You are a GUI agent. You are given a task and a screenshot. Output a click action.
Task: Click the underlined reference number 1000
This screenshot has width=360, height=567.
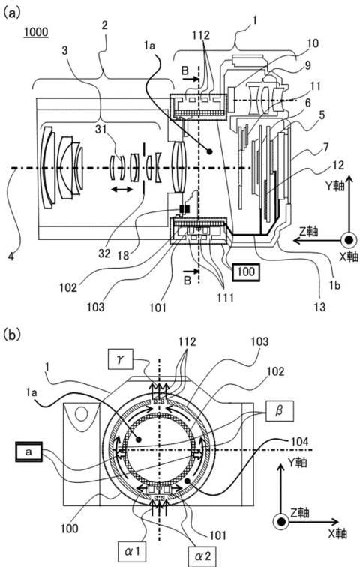point(36,32)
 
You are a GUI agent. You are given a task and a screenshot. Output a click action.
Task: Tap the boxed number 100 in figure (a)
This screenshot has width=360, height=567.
point(247,271)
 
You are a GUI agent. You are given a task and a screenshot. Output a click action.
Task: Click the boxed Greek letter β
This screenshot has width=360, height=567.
point(279,410)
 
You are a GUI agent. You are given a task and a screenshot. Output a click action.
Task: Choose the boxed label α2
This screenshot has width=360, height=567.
point(202,556)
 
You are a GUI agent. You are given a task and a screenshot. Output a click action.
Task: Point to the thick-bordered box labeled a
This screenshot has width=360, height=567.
point(28,451)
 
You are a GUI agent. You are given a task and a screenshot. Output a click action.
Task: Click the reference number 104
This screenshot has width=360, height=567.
point(299,442)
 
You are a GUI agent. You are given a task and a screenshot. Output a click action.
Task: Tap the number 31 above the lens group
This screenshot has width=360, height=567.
point(101,129)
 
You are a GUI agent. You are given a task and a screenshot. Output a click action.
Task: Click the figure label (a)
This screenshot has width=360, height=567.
point(10,13)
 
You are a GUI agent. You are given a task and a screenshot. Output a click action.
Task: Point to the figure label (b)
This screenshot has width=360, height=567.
point(10,334)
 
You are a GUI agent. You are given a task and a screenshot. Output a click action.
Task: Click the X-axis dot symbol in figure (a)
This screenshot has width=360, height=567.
point(349,240)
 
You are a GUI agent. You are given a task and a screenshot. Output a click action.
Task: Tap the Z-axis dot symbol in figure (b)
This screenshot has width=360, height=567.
point(281,522)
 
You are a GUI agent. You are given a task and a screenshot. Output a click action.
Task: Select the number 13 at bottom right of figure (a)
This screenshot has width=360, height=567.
point(320,307)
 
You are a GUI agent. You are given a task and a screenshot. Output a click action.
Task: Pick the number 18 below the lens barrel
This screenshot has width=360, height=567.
point(123,255)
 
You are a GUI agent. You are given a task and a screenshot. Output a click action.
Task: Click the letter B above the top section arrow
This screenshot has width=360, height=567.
point(185,70)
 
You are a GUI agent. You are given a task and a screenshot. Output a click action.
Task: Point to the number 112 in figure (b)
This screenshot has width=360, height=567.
point(187,342)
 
